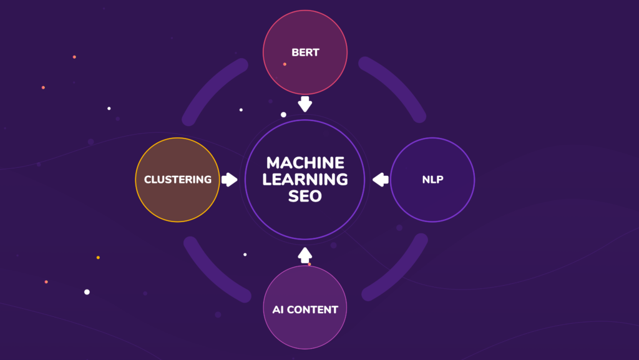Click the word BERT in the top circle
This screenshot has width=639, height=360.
[x=305, y=52]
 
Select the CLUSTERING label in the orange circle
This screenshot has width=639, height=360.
[x=178, y=180]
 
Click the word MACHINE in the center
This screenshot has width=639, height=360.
[x=305, y=163]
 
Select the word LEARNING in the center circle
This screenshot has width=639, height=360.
[x=305, y=180]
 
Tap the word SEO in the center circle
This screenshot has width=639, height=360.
[x=305, y=196]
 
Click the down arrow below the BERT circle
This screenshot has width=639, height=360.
[x=305, y=104]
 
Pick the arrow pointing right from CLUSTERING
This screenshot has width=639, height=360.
[x=230, y=180]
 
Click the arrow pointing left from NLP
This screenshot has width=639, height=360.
[x=380, y=180]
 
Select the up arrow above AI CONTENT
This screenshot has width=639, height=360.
[x=305, y=255]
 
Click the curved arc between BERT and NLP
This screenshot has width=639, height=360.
[x=398, y=85]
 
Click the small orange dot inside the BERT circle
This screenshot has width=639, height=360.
[x=285, y=64]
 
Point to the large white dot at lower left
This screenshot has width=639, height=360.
[x=87, y=292]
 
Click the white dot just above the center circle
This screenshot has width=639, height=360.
[x=283, y=115]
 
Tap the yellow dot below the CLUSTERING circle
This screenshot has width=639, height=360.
[x=98, y=257]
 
